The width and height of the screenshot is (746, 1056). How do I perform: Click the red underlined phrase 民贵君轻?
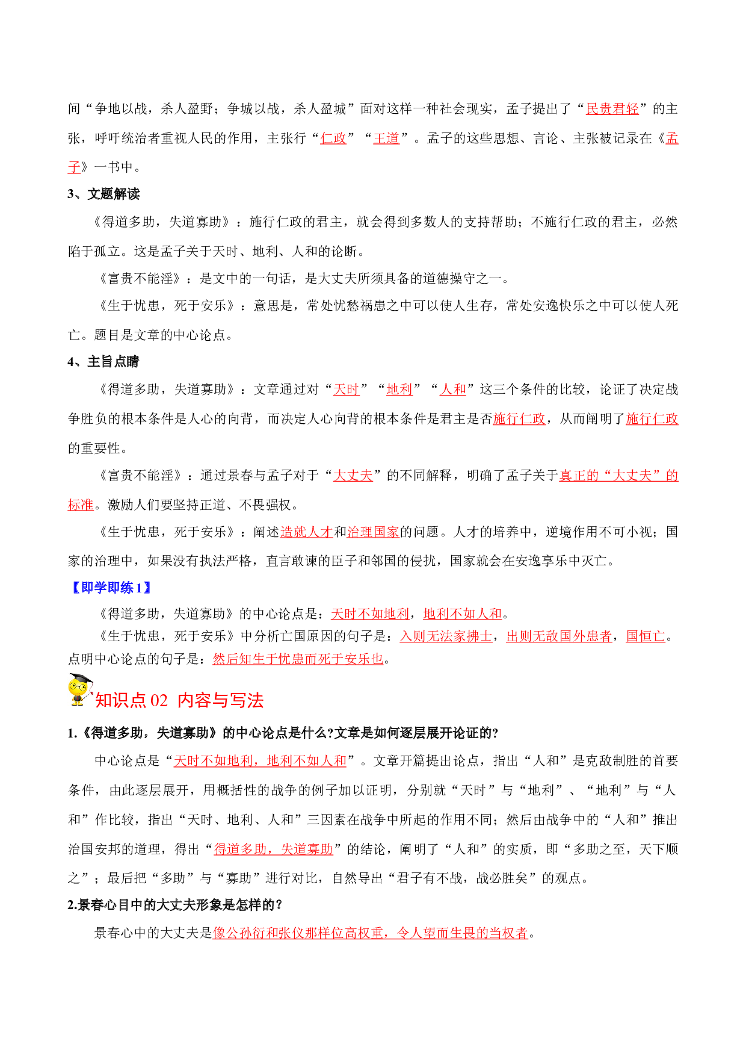click(x=612, y=109)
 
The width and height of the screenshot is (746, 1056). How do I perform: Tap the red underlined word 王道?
click(x=386, y=138)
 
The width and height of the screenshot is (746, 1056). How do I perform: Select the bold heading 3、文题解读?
click(x=103, y=194)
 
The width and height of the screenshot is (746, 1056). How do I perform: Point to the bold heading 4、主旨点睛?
click(x=103, y=362)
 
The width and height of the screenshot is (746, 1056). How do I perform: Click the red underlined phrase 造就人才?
click(x=307, y=532)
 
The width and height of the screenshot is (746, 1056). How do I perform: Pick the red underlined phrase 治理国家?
click(x=373, y=532)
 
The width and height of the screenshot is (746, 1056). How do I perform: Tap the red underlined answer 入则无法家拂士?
click(x=446, y=636)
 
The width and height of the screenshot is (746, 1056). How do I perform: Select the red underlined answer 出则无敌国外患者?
click(x=559, y=636)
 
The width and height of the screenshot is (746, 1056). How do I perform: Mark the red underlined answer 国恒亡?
click(x=646, y=636)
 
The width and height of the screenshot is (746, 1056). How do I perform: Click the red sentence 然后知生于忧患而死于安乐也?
click(x=298, y=659)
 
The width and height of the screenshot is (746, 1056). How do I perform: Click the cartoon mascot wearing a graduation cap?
click(x=81, y=690)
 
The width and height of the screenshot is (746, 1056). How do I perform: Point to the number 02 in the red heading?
click(x=159, y=701)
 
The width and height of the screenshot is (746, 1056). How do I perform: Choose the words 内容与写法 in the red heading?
click(x=221, y=701)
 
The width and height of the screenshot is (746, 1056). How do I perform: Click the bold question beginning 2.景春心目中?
click(x=175, y=905)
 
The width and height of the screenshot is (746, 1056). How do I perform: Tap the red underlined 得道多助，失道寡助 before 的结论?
click(x=274, y=849)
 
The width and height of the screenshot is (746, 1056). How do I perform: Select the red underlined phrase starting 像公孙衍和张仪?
click(x=371, y=933)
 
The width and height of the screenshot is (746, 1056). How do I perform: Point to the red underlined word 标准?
click(x=81, y=505)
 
